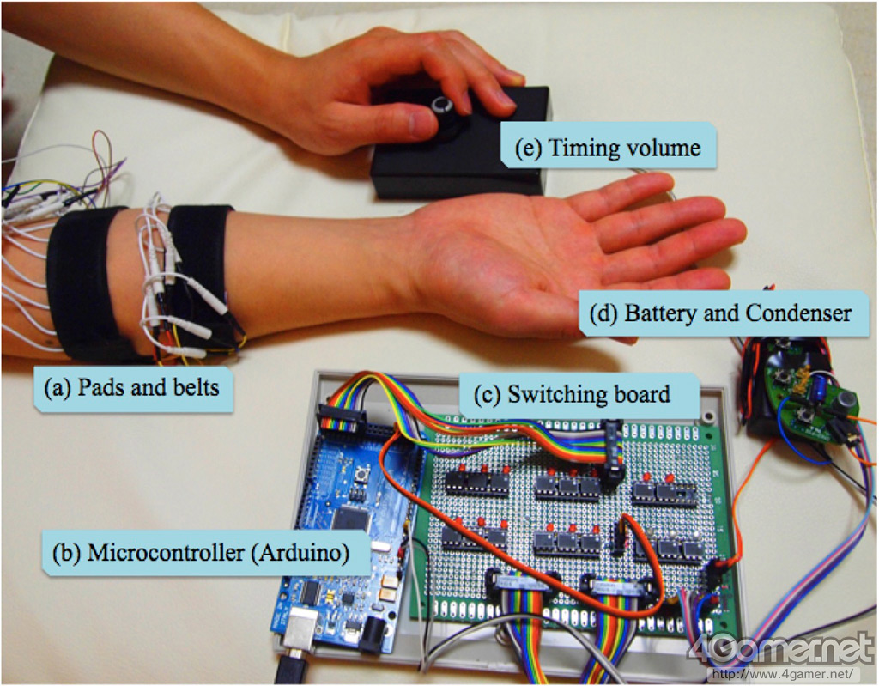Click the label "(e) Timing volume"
point(609,148)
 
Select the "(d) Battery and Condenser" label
point(721,313)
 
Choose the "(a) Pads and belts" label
point(131,387)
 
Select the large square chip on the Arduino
point(351,517)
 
